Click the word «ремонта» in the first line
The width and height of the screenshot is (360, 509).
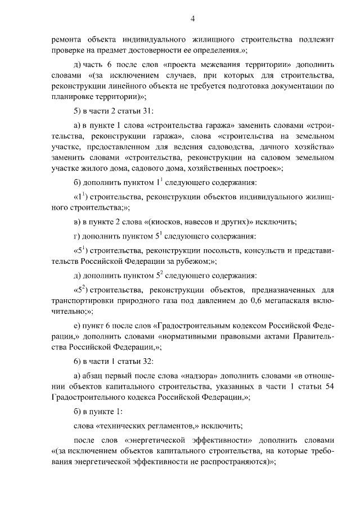point(66,40)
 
